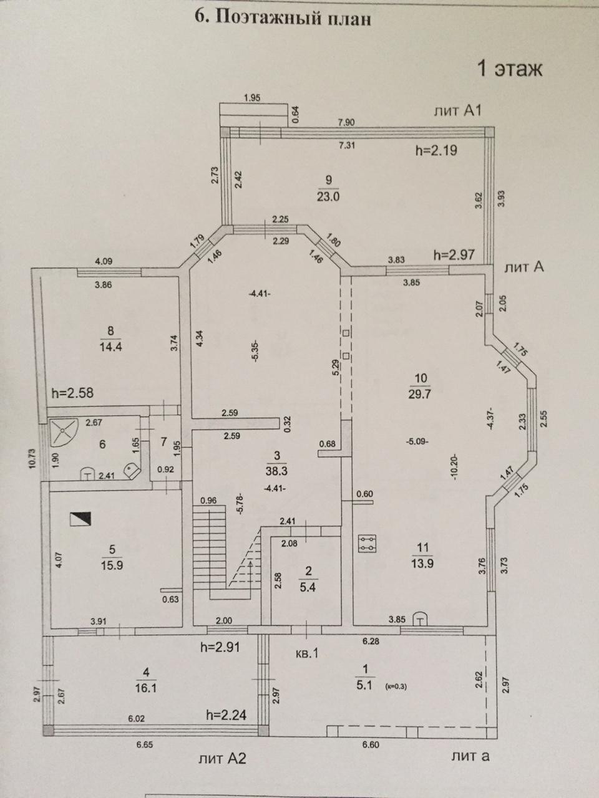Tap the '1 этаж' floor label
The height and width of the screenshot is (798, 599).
pyautogui.click(x=509, y=67)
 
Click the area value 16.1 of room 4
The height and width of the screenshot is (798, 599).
pyautogui.click(x=145, y=685)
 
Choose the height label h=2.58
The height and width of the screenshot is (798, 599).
pyautogui.click(x=74, y=394)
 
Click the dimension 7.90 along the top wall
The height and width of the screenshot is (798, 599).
pyautogui.click(x=346, y=122)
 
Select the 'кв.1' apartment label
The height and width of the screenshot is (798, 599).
pyautogui.click(x=307, y=654)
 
